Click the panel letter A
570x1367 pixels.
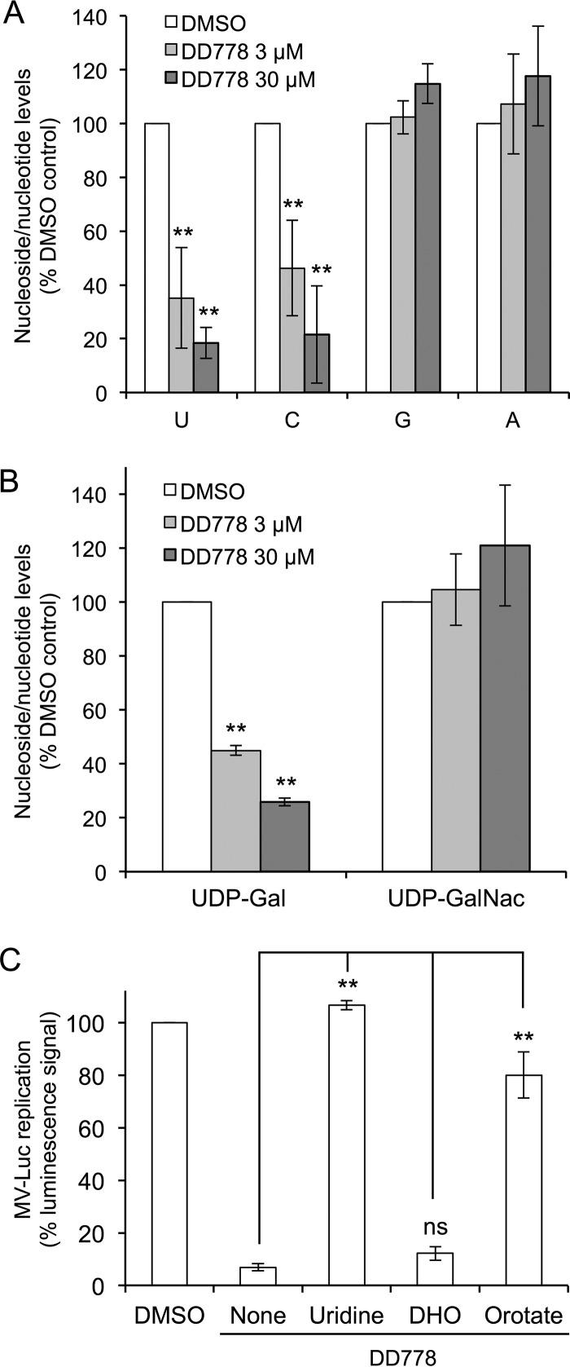pos(14,15)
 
